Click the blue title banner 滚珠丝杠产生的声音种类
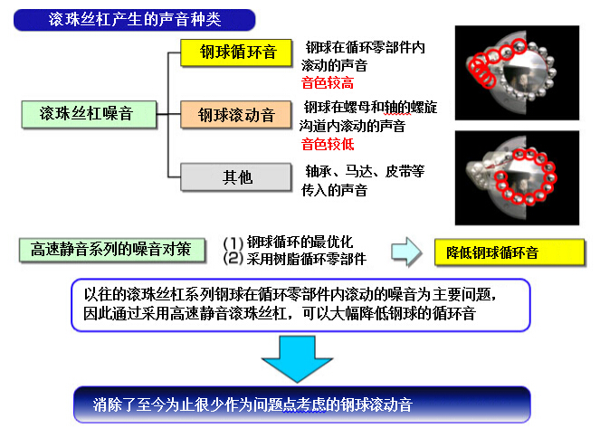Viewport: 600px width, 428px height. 134,20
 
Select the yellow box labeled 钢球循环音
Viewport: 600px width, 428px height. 236,52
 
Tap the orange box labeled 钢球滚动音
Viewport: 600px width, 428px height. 236,114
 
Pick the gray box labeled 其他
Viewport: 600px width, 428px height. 236,176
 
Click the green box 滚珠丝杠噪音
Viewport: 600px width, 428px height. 90,114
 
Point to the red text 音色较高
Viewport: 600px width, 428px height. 328,83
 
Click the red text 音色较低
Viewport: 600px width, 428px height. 328,145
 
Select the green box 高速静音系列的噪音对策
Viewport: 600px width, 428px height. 112,250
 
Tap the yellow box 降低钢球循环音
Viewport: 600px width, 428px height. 510,252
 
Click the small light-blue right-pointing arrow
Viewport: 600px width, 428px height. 406,252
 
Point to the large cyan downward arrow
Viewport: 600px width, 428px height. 297,358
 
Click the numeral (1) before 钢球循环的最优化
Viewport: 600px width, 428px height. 233,243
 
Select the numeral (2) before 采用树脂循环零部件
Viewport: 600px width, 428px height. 233,259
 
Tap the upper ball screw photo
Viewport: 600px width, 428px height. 517,72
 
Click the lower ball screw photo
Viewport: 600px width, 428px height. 517,178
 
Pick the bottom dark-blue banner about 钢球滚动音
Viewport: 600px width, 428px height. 302,404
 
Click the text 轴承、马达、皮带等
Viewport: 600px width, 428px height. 365,171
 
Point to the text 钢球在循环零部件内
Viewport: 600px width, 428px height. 365,48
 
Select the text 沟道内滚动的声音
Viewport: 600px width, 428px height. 352,126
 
